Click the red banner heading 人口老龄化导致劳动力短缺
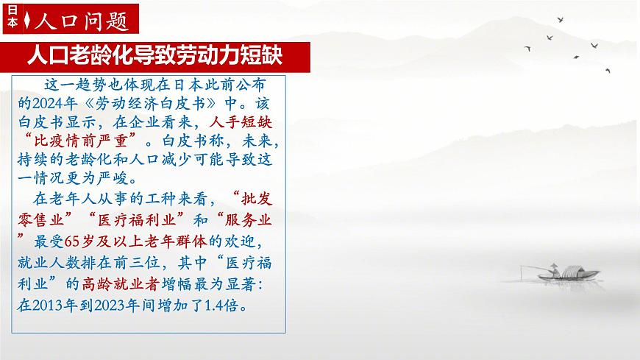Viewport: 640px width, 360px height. (154, 54)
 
